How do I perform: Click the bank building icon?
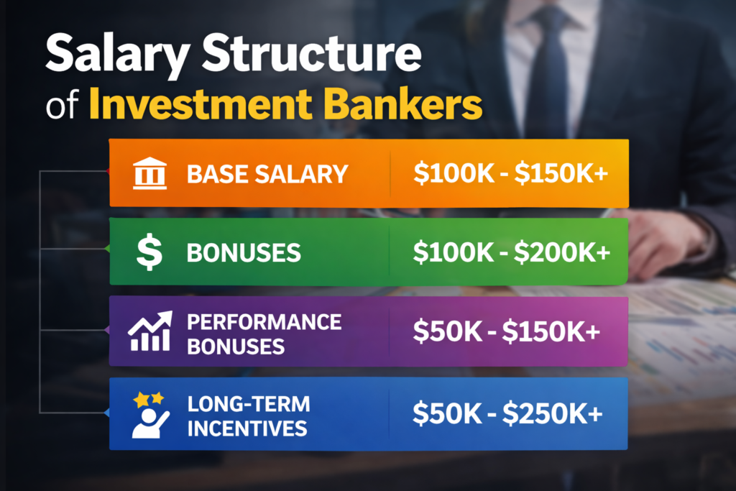coord(149,173)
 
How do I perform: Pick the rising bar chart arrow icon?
coord(149,331)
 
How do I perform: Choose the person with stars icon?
coord(149,415)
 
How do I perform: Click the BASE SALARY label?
coord(267,174)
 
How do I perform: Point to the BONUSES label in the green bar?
coord(243,253)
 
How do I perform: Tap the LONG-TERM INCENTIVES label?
coord(249,415)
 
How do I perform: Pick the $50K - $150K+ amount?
coord(507,332)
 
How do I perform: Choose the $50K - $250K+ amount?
coord(507,414)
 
